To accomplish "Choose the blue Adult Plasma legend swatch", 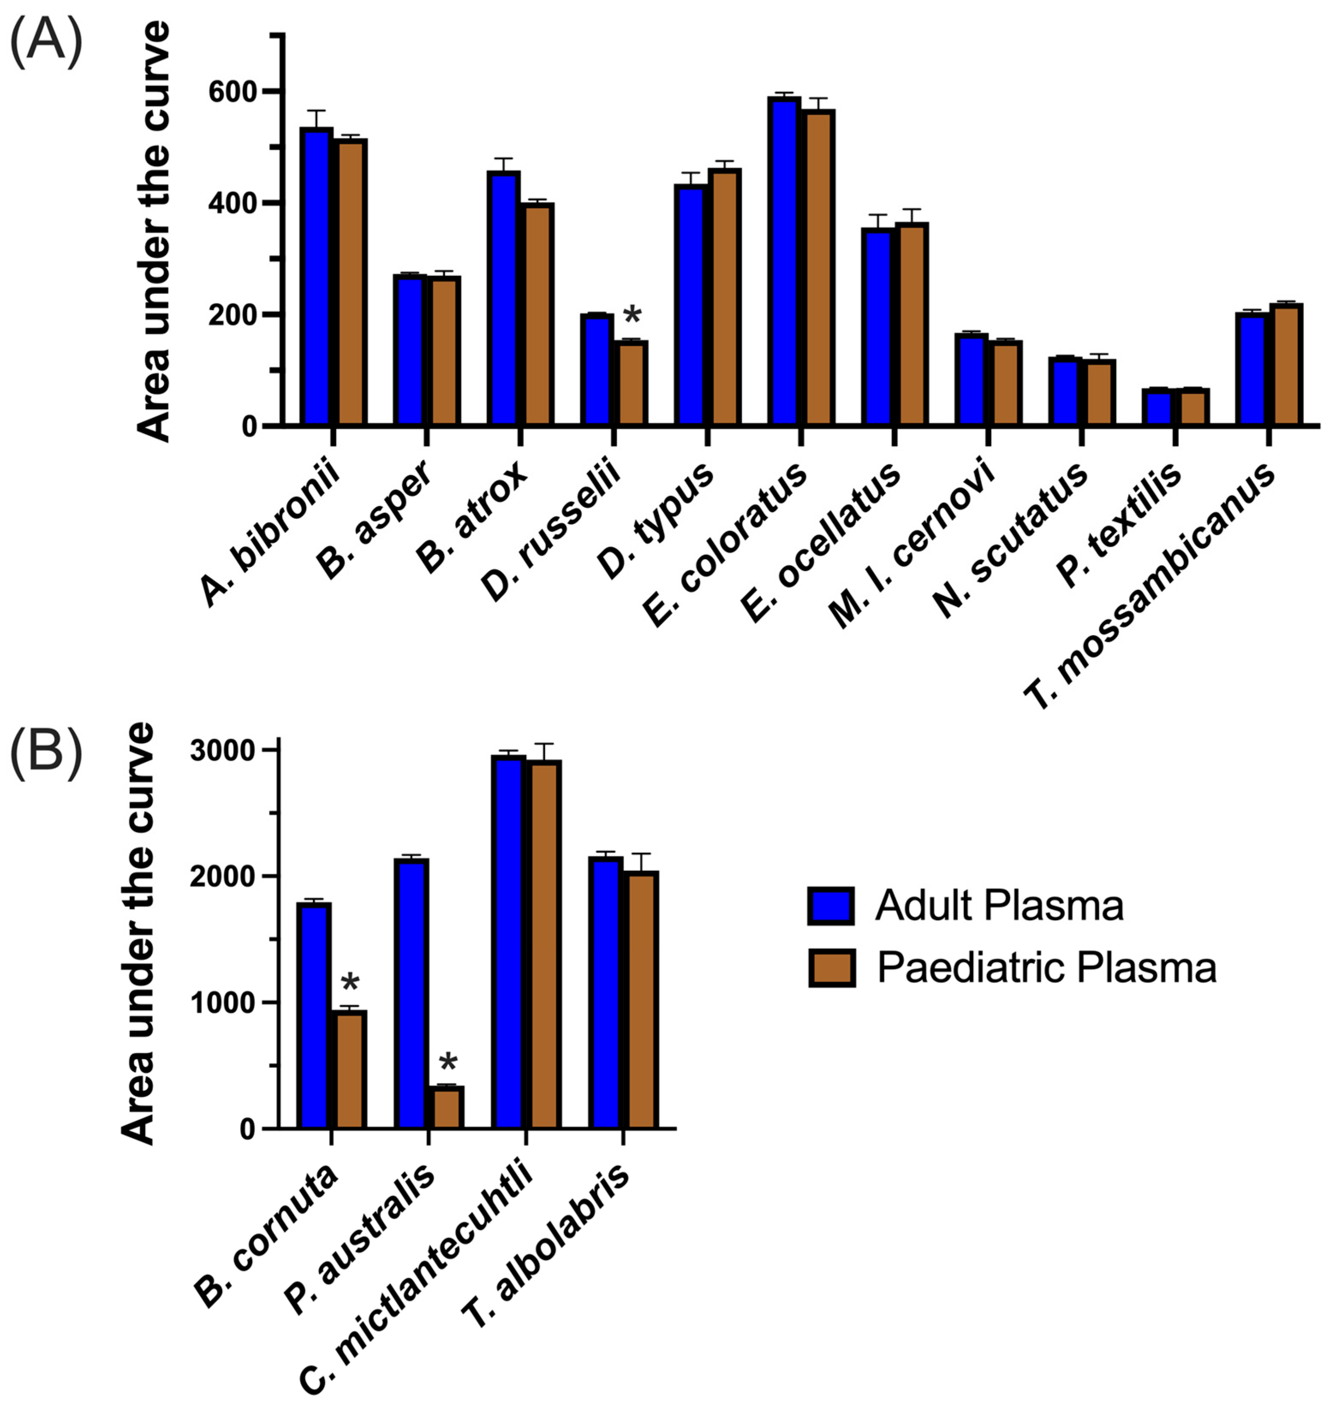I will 831,905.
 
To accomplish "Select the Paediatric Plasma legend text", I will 1047,967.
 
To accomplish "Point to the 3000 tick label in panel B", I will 223,751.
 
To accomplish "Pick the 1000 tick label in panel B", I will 223,1003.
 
